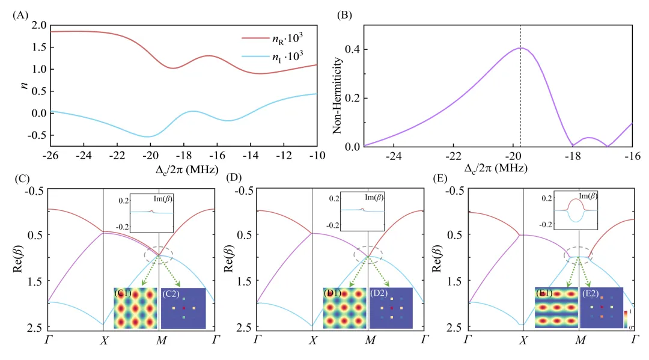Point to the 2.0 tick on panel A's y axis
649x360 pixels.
pos(39,25)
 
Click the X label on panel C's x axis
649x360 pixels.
pos(103,340)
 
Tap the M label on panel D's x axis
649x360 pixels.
pos(368,340)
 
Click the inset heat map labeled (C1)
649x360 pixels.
pos(136,308)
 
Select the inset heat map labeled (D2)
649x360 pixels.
pos(391,308)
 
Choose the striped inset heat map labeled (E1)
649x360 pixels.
pos(556,308)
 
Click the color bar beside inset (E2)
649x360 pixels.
pos(627,319)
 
